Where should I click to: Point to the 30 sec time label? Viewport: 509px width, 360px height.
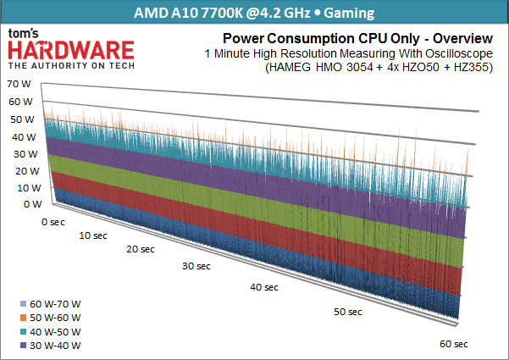197,267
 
